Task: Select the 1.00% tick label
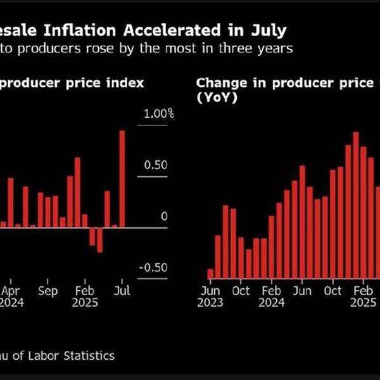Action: [159, 115]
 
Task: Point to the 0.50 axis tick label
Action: [155, 165]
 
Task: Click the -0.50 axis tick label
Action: [153, 267]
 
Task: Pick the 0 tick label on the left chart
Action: [164, 217]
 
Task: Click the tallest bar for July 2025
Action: [122, 179]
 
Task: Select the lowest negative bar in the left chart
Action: [99, 239]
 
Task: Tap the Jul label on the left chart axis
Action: [122, 291]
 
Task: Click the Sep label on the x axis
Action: [47, 291]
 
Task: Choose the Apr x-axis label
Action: [11, 291]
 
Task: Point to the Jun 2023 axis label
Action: [210, 296]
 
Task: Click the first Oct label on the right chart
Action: [240, 291]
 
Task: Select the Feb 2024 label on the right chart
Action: [271, 296]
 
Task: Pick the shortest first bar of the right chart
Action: [210, 274]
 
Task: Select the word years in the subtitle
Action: [275, 49]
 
